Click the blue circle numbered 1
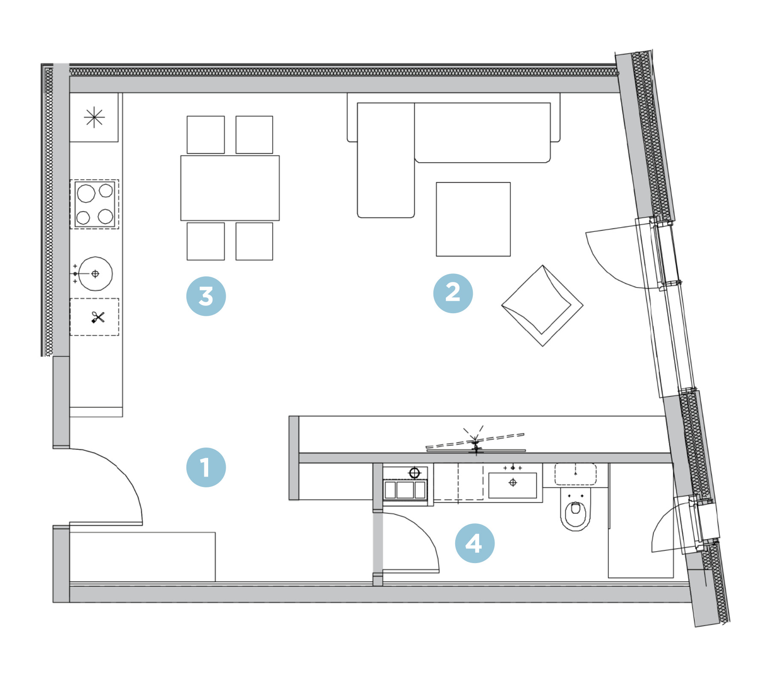pyautogui.click(x=206, y=468)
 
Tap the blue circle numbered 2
pyautogui.click(x=453, y=294)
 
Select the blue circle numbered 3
pyautogui.click(x=206, y=296)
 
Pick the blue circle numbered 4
pyautogui.click(x=474, y=543)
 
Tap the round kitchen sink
pyautogui.click(x=95, y=273)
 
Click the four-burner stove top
pyautogui.click(x=94, y=204)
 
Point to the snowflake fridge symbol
pyautogui.click(x=94, y=117)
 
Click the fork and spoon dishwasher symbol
pyautogui.click(x=98, y=317)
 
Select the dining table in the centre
pyautogui.click(x=230, y=188)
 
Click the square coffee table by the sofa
pyautogui.click(x=473, y=219)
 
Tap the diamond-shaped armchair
pyautogui.click(x=542, y=305)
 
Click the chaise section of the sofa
pyautogui.click(x=386, y=160)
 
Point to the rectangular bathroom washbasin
pyautogui.click(x=513, y=485)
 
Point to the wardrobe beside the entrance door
pyautogui.click(x=142, y=557)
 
